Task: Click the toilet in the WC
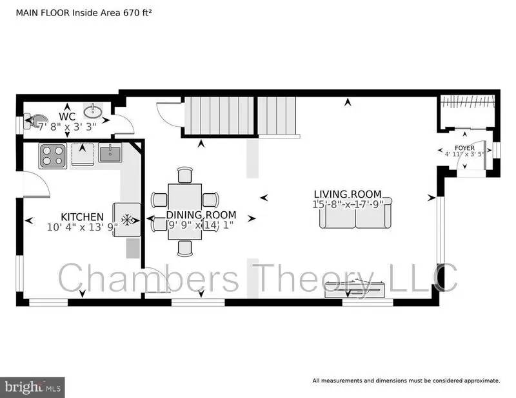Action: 32,120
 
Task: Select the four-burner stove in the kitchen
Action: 52,155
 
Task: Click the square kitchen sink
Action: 110,154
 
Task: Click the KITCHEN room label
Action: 82,216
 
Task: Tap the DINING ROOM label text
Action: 201,215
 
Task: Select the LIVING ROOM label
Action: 348,194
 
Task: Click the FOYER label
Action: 464,147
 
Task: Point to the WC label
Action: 68,116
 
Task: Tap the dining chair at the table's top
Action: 184,175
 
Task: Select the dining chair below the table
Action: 184,248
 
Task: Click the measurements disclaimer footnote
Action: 406,381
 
